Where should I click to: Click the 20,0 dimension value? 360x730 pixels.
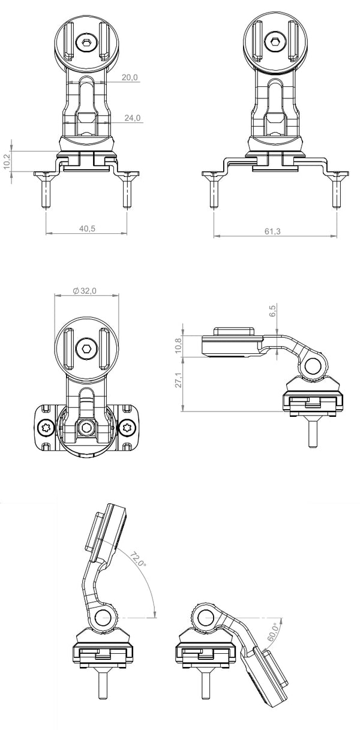pos(130,78)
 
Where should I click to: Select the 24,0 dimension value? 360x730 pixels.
pos(133,118)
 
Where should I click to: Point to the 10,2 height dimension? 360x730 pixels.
pos(7,161)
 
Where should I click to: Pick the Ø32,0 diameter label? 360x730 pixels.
pos(85,290)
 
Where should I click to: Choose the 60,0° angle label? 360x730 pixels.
pos(273,631)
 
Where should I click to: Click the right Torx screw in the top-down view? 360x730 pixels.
pos(127,428)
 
